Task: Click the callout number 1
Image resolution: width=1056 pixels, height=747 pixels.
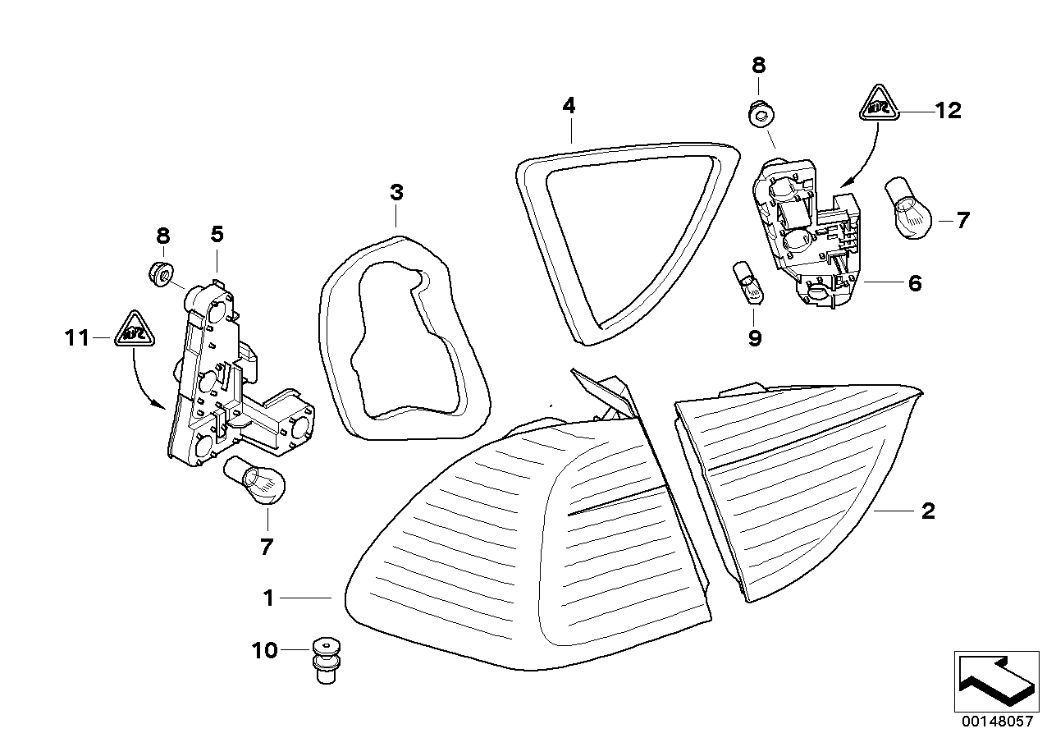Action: point(268,599)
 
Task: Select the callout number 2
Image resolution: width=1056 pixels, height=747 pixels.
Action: point(928,511)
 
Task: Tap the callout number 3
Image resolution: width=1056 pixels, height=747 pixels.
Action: point(396,194)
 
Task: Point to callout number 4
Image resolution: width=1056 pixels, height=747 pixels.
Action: point(569,106)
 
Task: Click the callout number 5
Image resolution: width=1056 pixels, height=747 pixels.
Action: point(217,235)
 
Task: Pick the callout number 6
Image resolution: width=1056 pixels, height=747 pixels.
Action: point(915,283)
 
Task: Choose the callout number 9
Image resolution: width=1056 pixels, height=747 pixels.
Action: point(755,337)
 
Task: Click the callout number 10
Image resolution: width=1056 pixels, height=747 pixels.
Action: point(265,651)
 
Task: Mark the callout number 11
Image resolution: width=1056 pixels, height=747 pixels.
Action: point(77,337)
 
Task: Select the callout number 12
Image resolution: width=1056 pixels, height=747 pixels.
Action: point(948,110)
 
